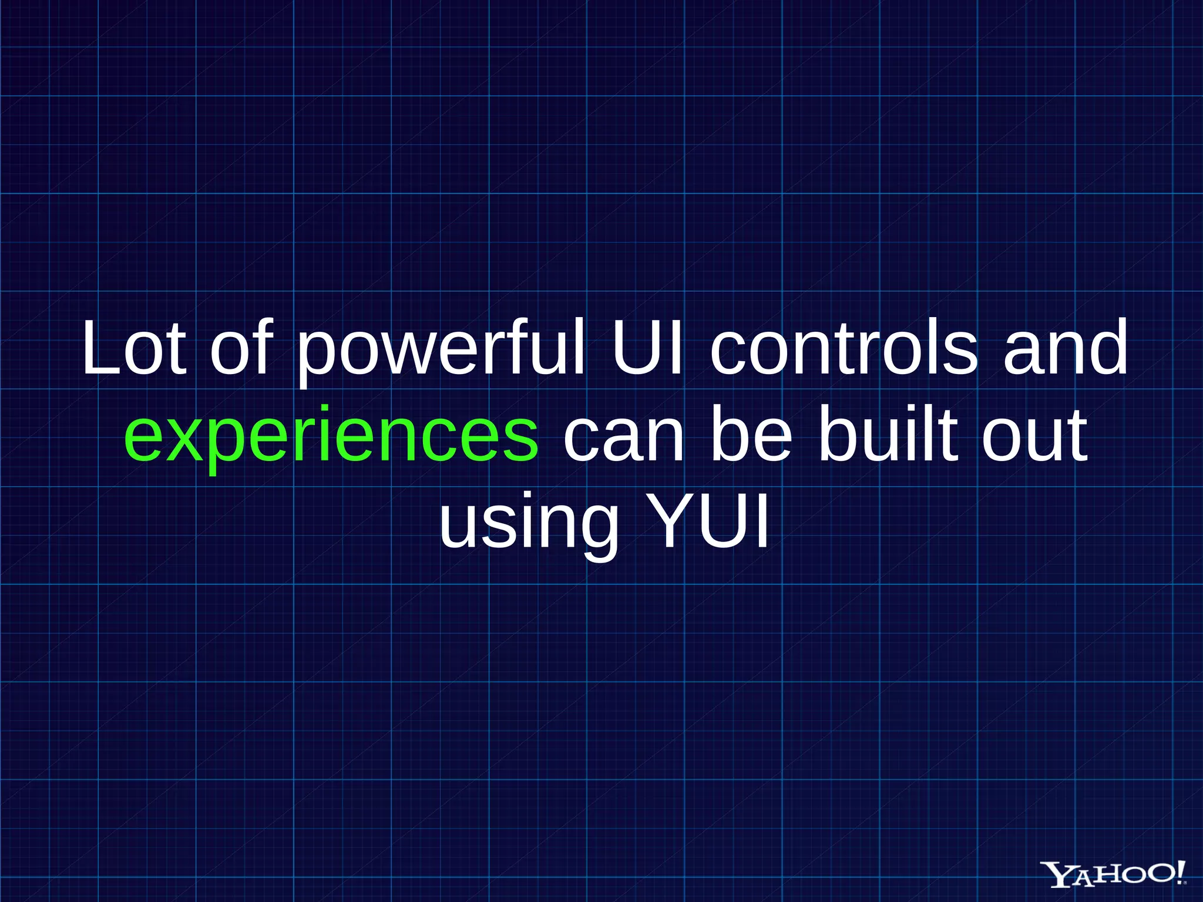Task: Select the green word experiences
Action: [x=331, y=437]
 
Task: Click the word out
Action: [x=1034, y=437]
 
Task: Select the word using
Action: [x=529, y=523]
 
